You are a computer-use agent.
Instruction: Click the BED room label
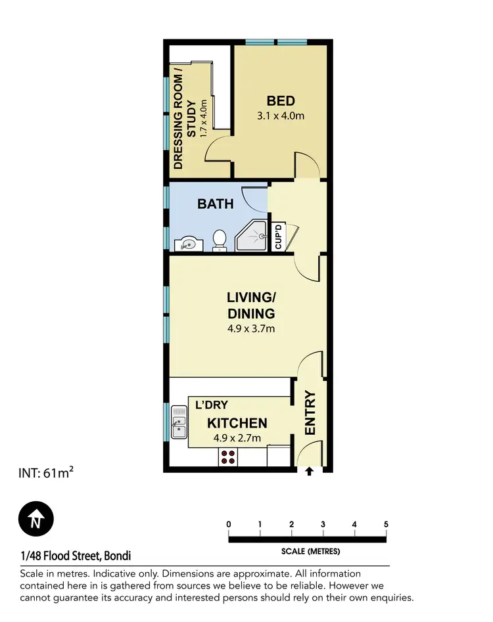[281, 101]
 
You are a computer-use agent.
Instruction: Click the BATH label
[216, 204]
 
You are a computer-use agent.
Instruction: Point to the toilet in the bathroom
[221, 240]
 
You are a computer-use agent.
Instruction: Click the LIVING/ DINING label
[250, 306]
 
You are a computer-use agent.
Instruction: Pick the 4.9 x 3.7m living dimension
[250, 328]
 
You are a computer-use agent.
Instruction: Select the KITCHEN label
[237, 423]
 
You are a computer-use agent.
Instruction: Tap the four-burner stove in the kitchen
[227, 457]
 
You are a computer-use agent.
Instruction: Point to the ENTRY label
[310, 413]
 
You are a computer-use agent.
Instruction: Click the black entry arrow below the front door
[310, 470]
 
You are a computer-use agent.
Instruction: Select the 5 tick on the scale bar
[386, 524]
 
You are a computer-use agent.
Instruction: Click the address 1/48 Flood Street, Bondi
[76, 556]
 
